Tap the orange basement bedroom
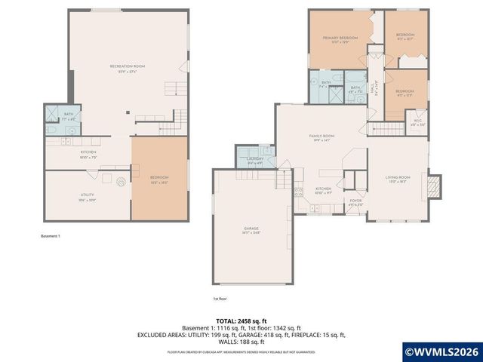pos(159,179)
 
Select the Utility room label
pos(87,197)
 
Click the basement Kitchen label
pos(88,155)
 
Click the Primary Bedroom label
pos(340,39)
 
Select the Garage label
pos(251,230)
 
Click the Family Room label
pos(321,137)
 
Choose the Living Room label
pos(398,178)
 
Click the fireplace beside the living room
pos(434,186)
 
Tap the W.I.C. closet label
pos(417,122)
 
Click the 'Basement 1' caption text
pos(50,236)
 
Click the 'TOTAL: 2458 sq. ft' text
pos(241,321)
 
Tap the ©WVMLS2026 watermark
pos(441,351)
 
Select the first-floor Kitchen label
pos(323,190)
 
